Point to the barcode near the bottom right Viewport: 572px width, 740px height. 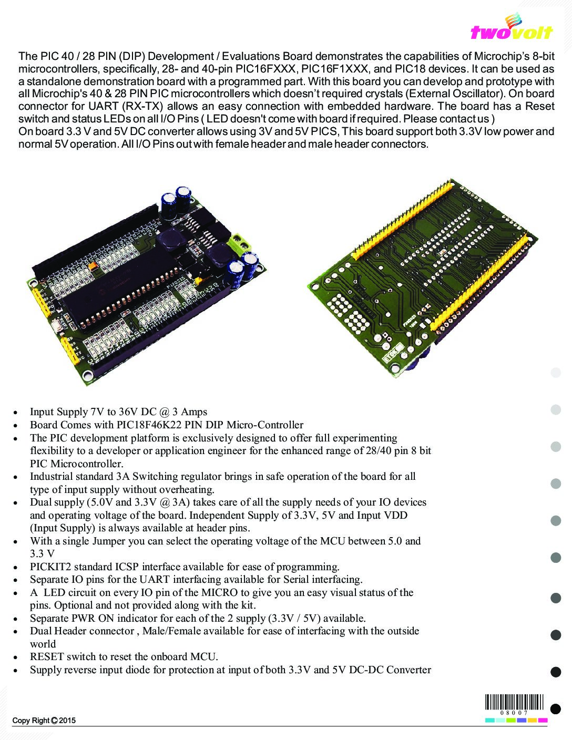point(515,702)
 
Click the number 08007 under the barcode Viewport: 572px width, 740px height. point(515,712)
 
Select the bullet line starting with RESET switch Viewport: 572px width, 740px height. point(124,656)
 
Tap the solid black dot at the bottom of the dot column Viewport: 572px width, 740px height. point(555,709)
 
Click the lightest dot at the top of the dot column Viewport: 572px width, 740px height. point(555,373)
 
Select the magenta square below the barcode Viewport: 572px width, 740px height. point(543,720)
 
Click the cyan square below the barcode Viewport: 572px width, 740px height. point(489,720)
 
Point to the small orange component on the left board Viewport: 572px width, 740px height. point(93,268)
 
